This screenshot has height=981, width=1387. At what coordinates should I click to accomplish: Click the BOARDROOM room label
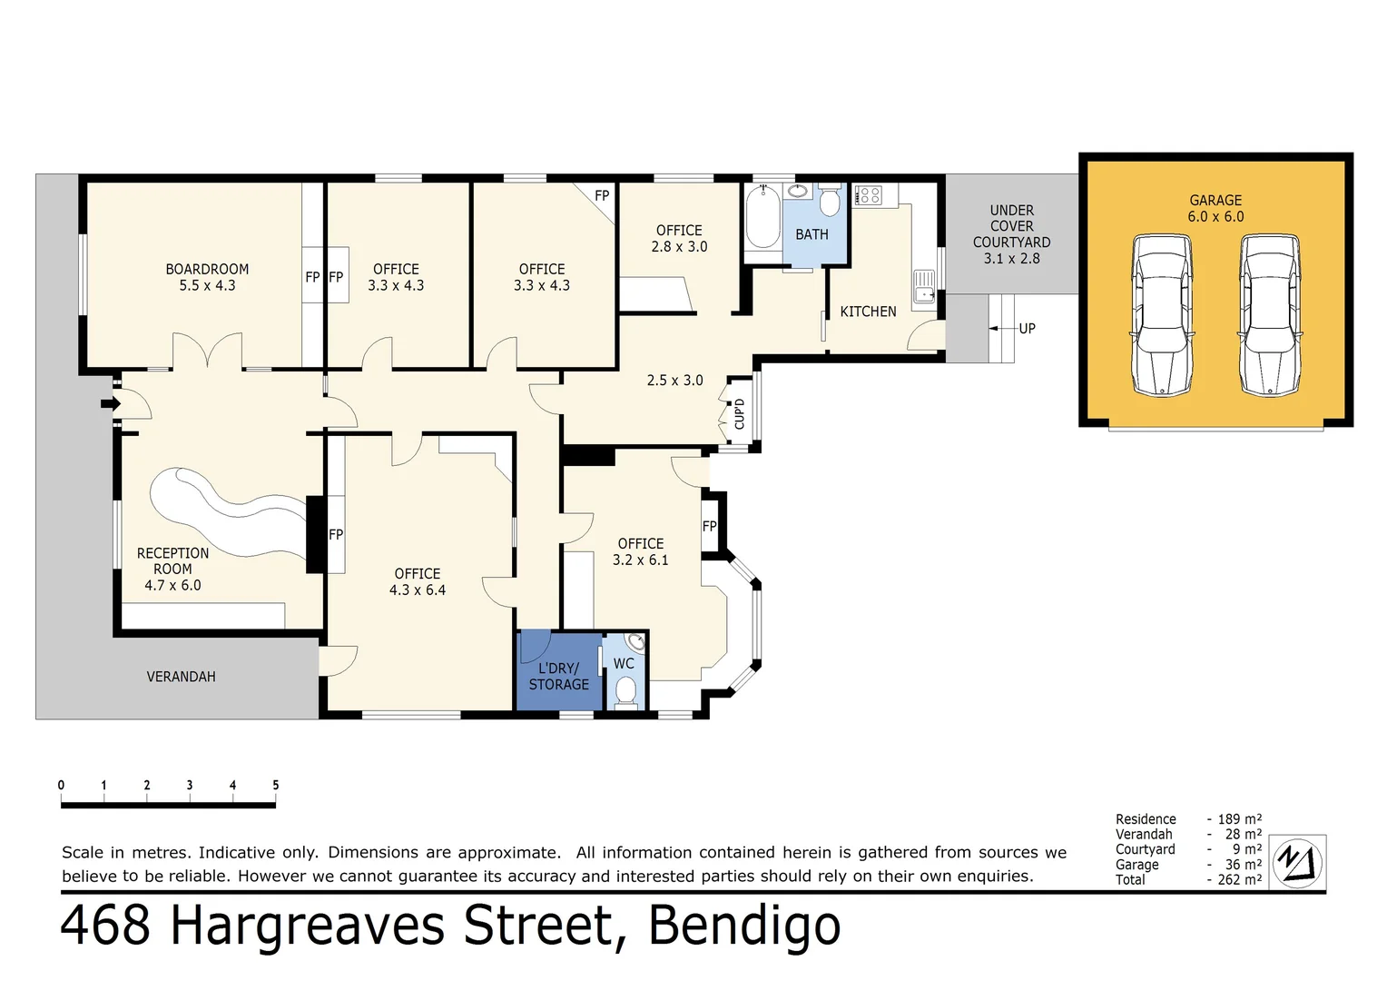[207, 269]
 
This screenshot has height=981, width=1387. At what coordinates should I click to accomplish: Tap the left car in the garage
[1162, 315]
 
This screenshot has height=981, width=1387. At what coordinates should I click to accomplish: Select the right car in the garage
[1271, 315]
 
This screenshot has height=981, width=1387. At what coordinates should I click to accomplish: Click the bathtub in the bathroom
[762, 218]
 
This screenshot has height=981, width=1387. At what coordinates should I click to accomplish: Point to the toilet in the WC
[625, 692]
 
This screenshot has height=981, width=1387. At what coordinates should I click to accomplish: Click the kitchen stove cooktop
[868, 195]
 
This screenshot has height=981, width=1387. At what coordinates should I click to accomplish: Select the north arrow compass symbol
[1297, 861]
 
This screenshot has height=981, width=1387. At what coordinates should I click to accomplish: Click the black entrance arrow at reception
[110, 403]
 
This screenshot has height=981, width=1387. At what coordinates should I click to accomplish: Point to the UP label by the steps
[1027, 329]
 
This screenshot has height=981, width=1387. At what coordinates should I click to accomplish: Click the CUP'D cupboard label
[739, 414]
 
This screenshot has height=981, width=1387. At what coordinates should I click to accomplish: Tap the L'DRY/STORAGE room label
[558, 677]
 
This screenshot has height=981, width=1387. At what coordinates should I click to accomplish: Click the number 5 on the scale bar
[275, 785]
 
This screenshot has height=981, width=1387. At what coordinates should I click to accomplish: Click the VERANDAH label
[181, 677]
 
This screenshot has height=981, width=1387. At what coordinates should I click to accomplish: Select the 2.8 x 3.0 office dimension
[679, 246]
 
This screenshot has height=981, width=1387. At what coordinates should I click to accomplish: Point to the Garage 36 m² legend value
[1243, 865]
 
